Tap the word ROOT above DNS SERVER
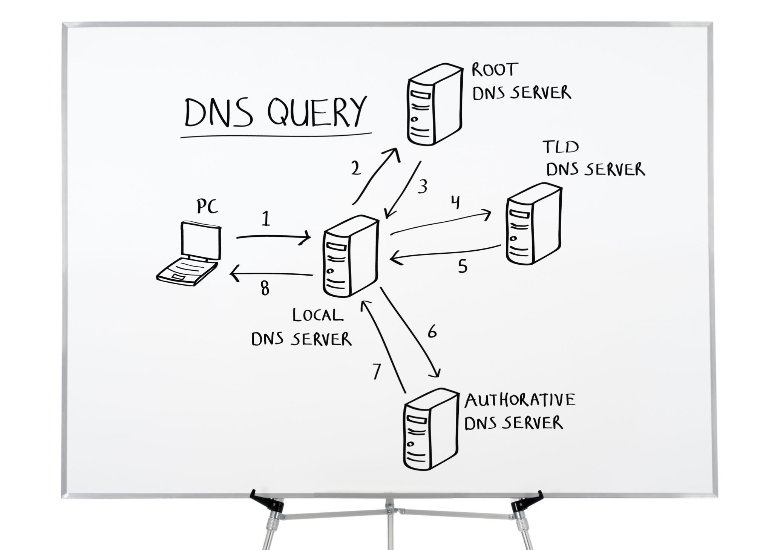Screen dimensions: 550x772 pos(495,70)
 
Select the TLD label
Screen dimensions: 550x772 pos(561,147)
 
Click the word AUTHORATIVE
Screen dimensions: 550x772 pos(520,400)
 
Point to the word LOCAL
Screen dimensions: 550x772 pos(318,315)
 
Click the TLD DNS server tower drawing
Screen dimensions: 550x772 pos(533,224)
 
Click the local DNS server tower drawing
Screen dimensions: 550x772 pos(350,257)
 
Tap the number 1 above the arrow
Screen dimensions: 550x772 pos(266,219)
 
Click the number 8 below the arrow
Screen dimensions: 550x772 pos(265,289)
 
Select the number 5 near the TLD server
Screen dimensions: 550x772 pos(463,266)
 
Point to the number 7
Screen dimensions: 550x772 pos(376,371)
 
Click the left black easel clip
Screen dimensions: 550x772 pos(267,501)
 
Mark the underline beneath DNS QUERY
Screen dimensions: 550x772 pos(275,135)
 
